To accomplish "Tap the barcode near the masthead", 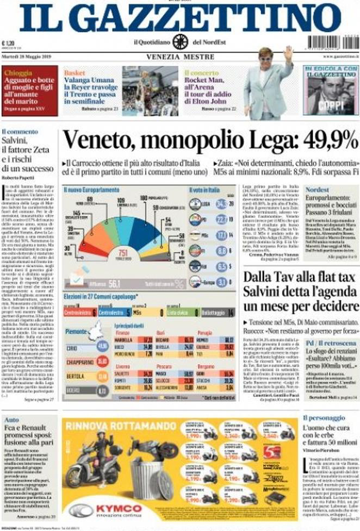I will click(x=331, y=42).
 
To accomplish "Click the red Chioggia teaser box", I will click(x=29, y=84).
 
